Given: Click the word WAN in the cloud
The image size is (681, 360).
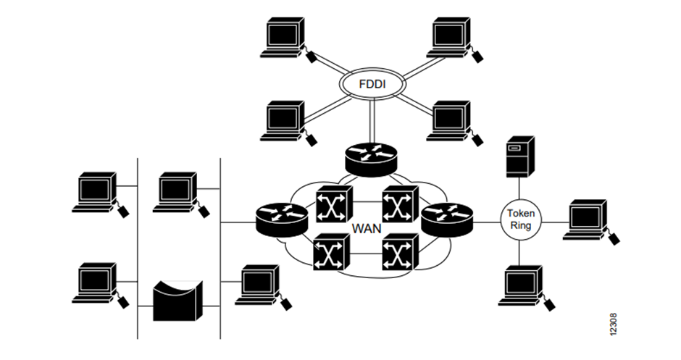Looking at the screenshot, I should [x=367, y=227].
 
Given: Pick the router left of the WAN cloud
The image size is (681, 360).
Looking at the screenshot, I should [x=282, y=218].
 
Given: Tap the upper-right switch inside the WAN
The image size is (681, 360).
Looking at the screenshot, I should [x=400, y=204].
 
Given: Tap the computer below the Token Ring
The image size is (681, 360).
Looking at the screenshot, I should [x=520, y=285].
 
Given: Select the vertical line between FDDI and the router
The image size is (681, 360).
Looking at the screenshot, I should [x=371, y=121].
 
